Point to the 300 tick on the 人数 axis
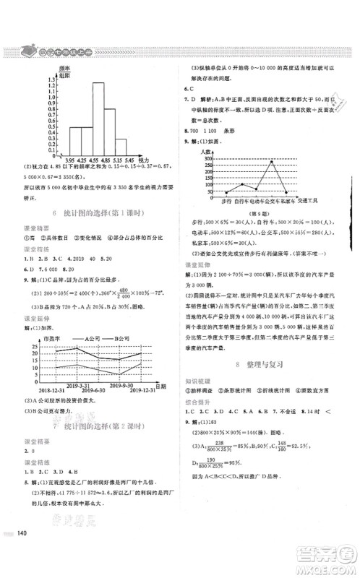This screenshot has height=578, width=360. pos(210,158)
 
